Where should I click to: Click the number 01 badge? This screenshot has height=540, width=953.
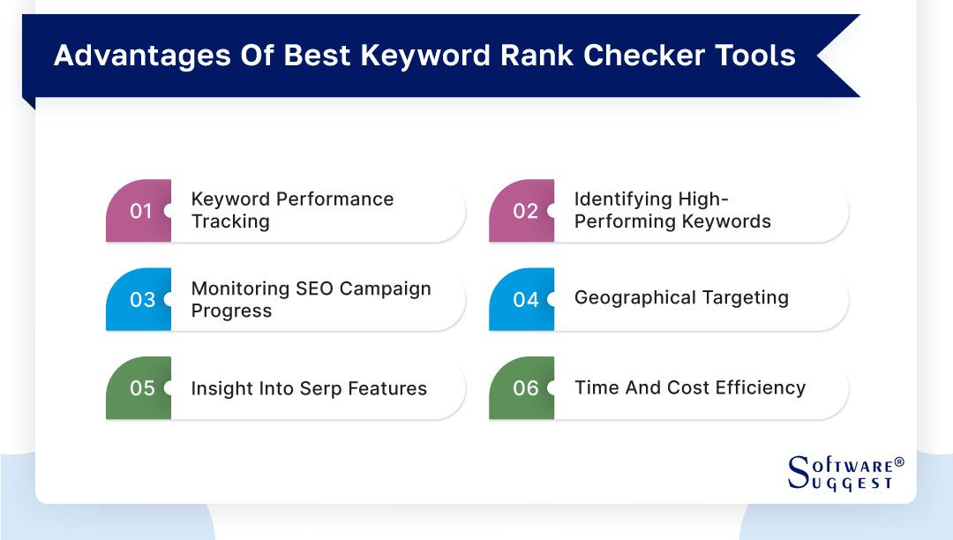click(139, 211)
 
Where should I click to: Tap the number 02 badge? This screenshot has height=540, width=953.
click(522, 211)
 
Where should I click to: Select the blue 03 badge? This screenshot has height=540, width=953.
click(139, 300)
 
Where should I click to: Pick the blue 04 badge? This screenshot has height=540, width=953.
click(522, 300)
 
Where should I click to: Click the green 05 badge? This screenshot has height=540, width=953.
click(139, 388)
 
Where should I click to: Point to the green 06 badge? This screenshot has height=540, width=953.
click(522, 388)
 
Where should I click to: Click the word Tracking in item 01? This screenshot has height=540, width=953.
click(230, 221)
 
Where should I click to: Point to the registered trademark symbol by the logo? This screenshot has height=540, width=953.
click(899, 461)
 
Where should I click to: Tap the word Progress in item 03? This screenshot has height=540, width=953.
click(231, 311)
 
